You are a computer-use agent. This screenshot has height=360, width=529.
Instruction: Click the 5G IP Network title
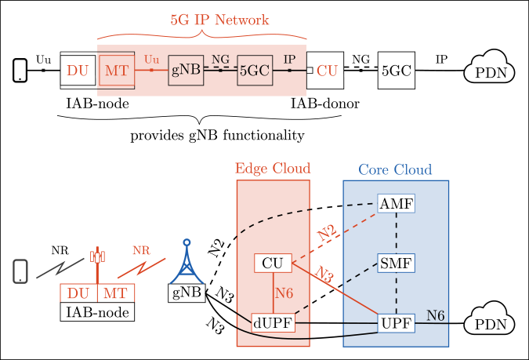pyautogui.click(x=219, y=20)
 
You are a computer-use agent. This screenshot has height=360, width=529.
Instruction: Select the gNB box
pyautogui.click(x=186, y=71)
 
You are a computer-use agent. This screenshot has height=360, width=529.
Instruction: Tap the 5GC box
pyautogui.click(x=254, y=71)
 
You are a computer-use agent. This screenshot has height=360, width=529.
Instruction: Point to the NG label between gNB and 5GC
pyautogui.click(x=220, y=59)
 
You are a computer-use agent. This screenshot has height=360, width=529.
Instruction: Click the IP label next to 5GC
pyautogui.click(x=289, y=60)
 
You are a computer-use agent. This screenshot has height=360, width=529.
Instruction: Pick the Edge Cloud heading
pyautogui.click(x=273, y=169)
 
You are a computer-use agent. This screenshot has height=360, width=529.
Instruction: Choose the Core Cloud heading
pyautogui.click(x=395, y=169)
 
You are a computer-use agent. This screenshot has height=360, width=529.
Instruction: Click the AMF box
pyautogui.click(x=396, y=204)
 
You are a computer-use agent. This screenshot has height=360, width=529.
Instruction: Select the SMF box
pyautogui.click(x=396, y=264)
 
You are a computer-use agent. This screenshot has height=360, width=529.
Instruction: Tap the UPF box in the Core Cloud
pyautogui.click(x=396, y=323)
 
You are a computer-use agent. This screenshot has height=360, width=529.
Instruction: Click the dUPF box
pyautogui.click(x=273, y=323)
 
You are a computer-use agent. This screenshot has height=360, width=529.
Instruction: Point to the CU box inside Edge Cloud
pyautogui.click(x=273, y=264)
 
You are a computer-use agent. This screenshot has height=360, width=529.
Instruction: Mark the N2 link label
pyautogui.click(x=328, y=232)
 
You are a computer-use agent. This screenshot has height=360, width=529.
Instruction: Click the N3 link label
pyautogui.click(x=324, y=275)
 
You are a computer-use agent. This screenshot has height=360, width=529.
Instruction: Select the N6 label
pyautogui.click(x=436, y=315)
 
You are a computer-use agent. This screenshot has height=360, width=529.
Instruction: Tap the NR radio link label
pyautogui.click(x=141, y=251)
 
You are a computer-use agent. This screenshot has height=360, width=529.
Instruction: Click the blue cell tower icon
pyautogui.click(x=187, y=262)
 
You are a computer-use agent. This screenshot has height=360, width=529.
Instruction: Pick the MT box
pyautogui.click(x=116, y=293)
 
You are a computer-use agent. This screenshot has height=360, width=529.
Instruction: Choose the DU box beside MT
pyautogui.click(x=78, y=293)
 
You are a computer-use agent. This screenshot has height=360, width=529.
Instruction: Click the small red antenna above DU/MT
pyautogui.click(x=97, y=256)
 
